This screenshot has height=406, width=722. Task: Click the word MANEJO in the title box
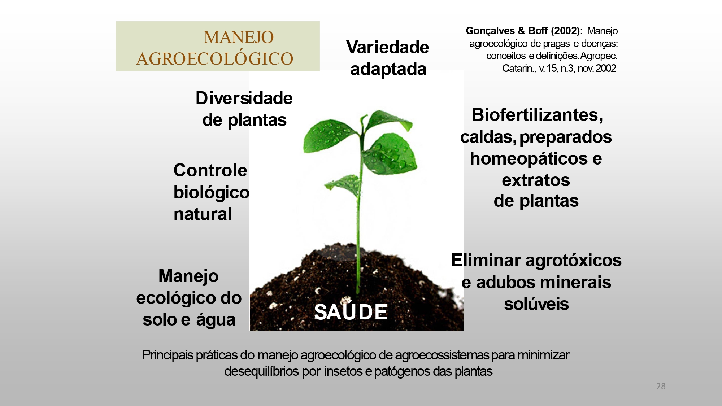pos(239,37)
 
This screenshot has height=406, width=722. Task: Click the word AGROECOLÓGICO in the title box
pos(215,59)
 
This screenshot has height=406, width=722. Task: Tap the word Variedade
pos(387,47)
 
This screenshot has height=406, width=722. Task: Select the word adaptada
pos(388,69)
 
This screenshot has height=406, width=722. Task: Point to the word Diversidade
pos(244,98)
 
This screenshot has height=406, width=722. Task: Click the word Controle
pos(210,170)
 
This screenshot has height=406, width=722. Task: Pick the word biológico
pos(211,192)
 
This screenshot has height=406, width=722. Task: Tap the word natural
pos(203,214)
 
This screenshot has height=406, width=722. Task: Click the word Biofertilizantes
pos(536,115)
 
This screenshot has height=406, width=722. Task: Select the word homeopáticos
pos(529,159)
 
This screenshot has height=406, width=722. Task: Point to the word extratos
pos(536,180)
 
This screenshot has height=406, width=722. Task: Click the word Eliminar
pos(486,260)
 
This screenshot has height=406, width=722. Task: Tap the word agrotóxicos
pos(573,260)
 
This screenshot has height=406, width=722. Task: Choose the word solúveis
pos(536,304)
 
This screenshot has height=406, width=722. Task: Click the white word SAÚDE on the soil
pos(351,312)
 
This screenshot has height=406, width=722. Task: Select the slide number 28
pos(661,386)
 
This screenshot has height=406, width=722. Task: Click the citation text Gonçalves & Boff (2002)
pos(524,31)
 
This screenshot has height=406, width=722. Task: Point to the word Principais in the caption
pos(168,355)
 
